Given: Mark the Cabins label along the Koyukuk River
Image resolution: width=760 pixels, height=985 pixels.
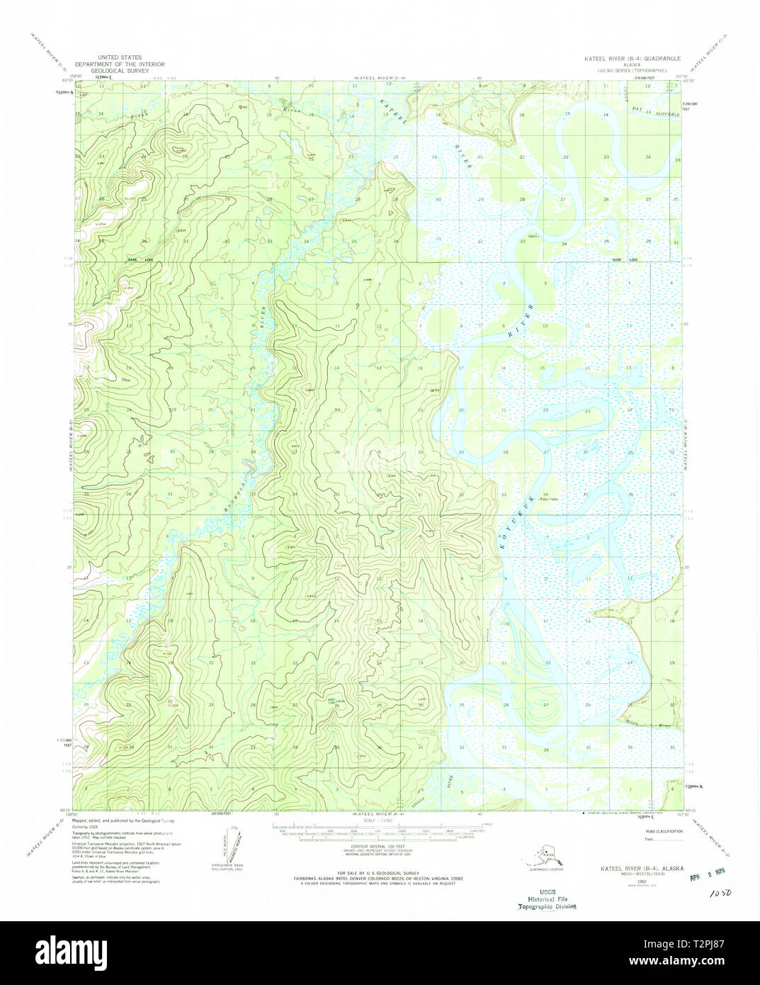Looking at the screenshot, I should (533, 236).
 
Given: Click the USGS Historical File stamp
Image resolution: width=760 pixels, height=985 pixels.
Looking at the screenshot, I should (546, 899).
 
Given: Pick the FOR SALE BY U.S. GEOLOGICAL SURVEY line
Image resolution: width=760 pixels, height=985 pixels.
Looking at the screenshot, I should (378, 872).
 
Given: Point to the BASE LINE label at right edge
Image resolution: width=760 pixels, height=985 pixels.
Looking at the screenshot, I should (625, 260).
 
